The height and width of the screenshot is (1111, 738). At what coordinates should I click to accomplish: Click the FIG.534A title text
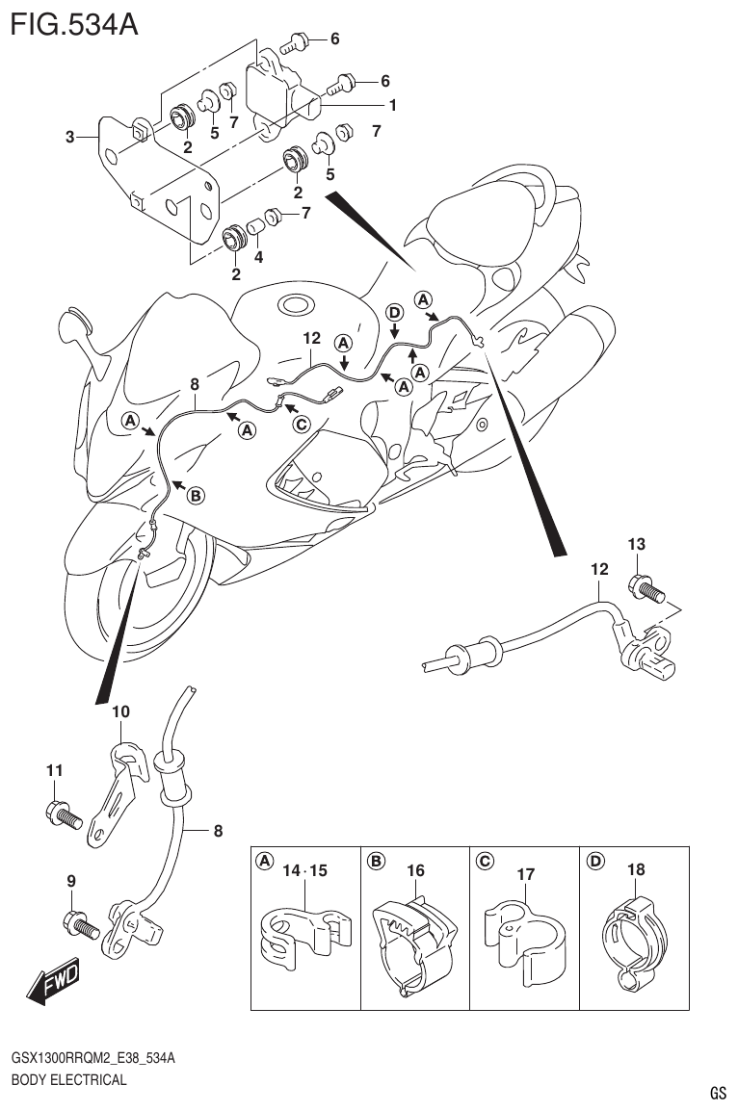(x=74, y=23)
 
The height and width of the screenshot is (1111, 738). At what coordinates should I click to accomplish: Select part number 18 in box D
(x=636, y=869)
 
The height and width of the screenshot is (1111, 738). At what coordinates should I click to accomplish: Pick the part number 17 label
(x=525, y=875)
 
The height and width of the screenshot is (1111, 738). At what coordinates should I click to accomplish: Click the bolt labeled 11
(x=62, y=814)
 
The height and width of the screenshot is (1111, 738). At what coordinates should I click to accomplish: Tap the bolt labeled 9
(x=78, y=925)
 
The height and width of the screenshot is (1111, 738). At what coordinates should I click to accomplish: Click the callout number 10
(x=120, y=711)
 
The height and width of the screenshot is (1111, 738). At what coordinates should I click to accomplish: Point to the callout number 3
(x=69, y=138)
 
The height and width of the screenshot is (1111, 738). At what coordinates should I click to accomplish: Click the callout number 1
(x=392, y=104)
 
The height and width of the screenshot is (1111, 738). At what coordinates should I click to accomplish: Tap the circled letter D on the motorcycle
(x=394, y=311)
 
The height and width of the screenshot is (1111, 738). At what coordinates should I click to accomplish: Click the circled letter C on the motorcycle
(x=302, y=424)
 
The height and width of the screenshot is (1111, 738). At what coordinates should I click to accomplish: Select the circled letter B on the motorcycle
(x=195, y=495)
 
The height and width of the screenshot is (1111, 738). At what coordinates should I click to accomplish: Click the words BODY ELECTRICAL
(x=68, y=1079)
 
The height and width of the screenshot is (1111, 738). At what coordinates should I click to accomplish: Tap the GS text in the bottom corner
(x=718, y=1093)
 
